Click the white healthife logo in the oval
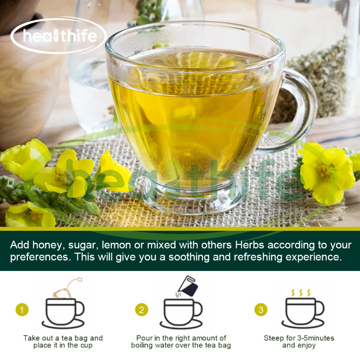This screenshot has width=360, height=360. click(x=59, y=36)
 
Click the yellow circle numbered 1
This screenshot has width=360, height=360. click(x=22, y=310)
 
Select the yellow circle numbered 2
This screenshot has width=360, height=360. click(x=142, y=310)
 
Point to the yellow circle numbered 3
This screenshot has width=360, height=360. click(x=261, y=310)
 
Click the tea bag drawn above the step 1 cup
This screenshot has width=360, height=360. click(x=67, y=288)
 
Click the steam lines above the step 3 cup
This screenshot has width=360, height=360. click(x=301, y=293)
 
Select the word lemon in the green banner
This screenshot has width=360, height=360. click(x=117, y=245)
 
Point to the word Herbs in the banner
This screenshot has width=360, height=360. click(x=250, y=245)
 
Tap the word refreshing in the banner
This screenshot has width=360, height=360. click(x=258, y=257)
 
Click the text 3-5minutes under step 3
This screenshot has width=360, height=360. click(x=316, y=338)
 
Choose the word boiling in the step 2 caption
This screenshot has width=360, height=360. click(x=142, y=345)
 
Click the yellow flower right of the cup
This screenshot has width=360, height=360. click(x=326, y=173)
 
